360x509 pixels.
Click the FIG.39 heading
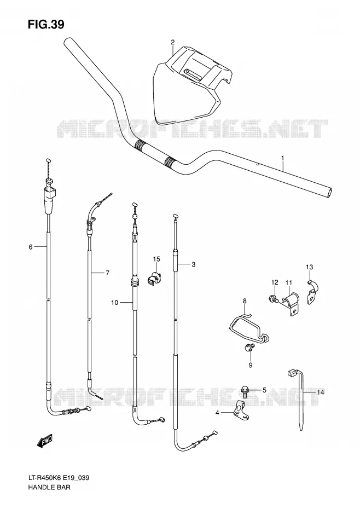(46, 24)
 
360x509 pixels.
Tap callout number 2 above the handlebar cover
(173, 42)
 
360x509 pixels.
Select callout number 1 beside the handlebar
(282, 158)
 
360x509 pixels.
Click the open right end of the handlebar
(329, 192)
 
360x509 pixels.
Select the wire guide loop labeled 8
(249, 328)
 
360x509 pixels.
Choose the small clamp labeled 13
(313, 291)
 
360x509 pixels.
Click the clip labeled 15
(155, 278)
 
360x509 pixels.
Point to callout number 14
(321, 392)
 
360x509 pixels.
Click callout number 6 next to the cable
(31, 247)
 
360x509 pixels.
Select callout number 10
(114, 303)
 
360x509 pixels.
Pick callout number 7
(107, 273)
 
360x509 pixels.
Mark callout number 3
(194, 264)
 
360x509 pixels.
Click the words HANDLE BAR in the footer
(49, 487)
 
